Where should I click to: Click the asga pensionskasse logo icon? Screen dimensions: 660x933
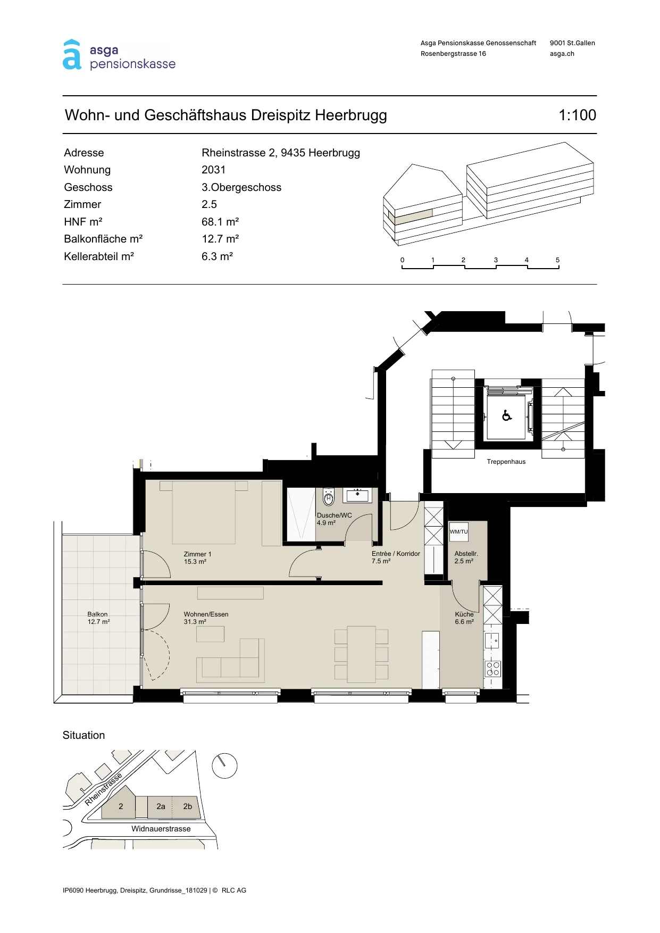(x=72, y=55)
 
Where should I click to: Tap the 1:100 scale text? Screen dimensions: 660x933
(x=577, y=115)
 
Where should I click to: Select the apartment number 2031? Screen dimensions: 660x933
(x=213, y=170)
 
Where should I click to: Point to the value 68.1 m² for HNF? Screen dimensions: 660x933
(x=220, y=222)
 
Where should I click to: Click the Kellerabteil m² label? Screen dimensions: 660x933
(x=99, y=256)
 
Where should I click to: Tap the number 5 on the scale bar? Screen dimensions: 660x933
(x=557, y=260)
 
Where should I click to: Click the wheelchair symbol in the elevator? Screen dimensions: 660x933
(x=507, y=415)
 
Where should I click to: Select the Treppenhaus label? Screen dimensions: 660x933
(x=506, y=462)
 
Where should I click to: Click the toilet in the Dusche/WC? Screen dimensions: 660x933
(x=329, y=497)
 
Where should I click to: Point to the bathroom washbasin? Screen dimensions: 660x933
(x=357, y=495)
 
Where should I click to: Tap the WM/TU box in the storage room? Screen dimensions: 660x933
(x=459, y=531)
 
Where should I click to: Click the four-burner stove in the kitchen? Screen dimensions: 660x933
(x=493, y=669)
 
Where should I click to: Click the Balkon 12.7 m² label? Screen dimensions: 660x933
(x=98, y=618)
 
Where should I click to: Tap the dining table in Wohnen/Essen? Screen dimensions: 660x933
(x=361, y=654)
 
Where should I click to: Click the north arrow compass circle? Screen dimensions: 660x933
(x=224, y=766)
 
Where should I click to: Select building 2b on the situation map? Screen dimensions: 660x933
(x=188, y=806)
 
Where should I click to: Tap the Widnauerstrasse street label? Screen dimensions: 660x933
(x=161, y=829)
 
